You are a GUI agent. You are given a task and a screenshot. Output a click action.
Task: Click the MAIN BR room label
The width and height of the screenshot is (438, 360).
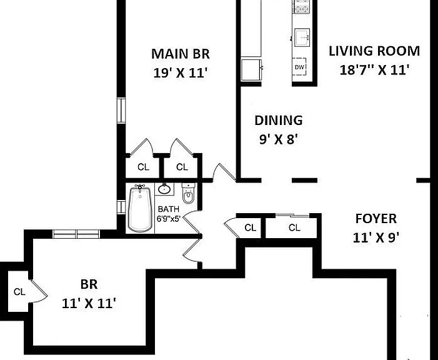[x=181, y=54]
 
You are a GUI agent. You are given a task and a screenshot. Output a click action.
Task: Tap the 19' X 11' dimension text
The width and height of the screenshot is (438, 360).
[x=181, y=73]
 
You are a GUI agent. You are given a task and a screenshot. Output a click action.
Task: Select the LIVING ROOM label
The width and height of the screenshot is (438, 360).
[x=374, y=51]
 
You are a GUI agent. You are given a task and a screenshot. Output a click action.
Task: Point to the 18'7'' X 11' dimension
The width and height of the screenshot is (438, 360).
[x=374, y=70]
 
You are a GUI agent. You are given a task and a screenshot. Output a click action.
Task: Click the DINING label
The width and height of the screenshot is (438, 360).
[x=279, y=120]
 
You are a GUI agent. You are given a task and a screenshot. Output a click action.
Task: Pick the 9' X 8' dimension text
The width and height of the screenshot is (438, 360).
[x=278, y=139]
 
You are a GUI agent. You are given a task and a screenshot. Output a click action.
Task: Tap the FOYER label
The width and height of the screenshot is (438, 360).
[x=376, y=219]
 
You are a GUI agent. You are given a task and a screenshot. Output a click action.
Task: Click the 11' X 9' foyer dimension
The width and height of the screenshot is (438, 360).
[x=376, y=238]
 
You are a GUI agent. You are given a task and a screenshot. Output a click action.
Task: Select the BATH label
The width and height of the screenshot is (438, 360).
[x=169, y=209]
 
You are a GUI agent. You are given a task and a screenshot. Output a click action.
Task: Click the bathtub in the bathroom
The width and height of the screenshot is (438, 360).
[x=140, y=208]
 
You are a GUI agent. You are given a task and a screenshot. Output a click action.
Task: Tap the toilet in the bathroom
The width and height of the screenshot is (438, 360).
[x=189, y=193]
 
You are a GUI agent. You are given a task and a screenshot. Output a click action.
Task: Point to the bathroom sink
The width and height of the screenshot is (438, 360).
[x=164, y=189]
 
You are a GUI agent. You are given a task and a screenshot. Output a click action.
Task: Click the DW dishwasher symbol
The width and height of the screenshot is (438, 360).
[x=299, y=67]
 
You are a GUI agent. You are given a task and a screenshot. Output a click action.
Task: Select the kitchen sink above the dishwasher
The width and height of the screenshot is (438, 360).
[x=302, y=37]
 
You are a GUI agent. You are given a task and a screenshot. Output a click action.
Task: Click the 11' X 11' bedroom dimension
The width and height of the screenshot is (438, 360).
[x=89, y=303]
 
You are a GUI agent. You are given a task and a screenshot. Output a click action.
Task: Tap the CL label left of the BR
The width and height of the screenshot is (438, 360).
[x=19, y=292]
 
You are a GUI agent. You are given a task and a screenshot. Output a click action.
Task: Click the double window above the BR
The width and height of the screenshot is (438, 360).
[x=76, y=234]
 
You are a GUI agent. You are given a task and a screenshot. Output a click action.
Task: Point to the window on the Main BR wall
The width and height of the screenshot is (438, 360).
[x=121, y=110]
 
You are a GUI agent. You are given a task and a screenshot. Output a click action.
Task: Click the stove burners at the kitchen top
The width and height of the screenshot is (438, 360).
[x=301, y=6]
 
